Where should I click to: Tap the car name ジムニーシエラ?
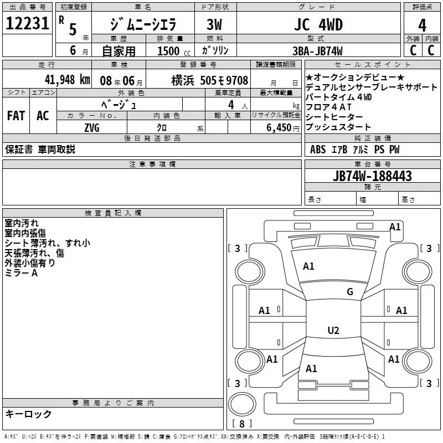[x=143, y=25]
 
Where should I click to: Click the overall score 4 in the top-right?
[x=423, y=25]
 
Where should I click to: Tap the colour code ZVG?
[x=92, y=128]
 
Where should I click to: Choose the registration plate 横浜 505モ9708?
[x=202, y=80]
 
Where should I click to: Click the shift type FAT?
[x=16, y=116]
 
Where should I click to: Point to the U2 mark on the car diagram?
[x=333, y=331]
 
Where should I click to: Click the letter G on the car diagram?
[x=349, y=292]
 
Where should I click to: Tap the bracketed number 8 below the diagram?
[x=241, y=424]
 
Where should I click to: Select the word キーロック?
[x=28, y=414]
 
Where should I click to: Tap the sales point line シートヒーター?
[x=334, y=117]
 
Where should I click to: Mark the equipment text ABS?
[x=318, y=150]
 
